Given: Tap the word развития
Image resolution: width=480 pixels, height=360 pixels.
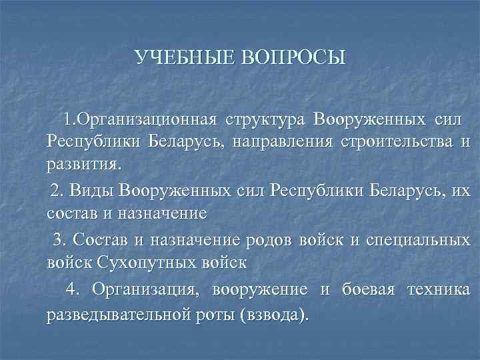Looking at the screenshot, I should click(x=83, y=163).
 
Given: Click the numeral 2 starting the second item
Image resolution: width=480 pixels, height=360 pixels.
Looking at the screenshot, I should click(x=55, y=192).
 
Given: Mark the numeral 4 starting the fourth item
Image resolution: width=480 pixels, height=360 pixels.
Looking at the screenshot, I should click(x=71, y=289).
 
